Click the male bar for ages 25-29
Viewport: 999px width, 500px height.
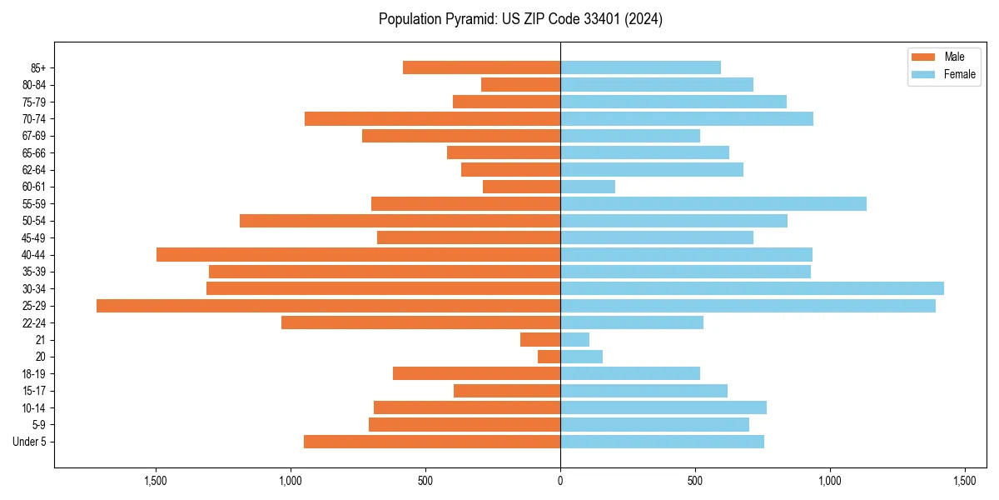point(328,306)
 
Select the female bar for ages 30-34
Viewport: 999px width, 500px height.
point(752,288)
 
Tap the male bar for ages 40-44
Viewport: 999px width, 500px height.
point(358,254)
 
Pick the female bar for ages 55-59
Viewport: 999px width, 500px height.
point(713,203)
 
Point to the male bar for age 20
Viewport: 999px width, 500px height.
point(549,357)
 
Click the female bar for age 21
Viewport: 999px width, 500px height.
point(575,340)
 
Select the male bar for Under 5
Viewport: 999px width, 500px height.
point(432,442)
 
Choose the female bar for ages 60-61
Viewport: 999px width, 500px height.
point(588,187)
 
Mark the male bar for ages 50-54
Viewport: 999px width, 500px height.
point(400,221)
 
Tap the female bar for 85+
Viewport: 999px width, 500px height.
point(640,67)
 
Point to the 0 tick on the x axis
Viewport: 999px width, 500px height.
point(560,481)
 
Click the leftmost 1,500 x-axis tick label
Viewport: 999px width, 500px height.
point(156,481)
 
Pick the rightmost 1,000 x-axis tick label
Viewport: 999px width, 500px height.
point(830,481)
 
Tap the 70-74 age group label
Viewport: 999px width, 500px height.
point(34,119)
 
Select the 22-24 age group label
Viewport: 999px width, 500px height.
point(34,323)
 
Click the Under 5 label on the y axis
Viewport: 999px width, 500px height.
point(30,442)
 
